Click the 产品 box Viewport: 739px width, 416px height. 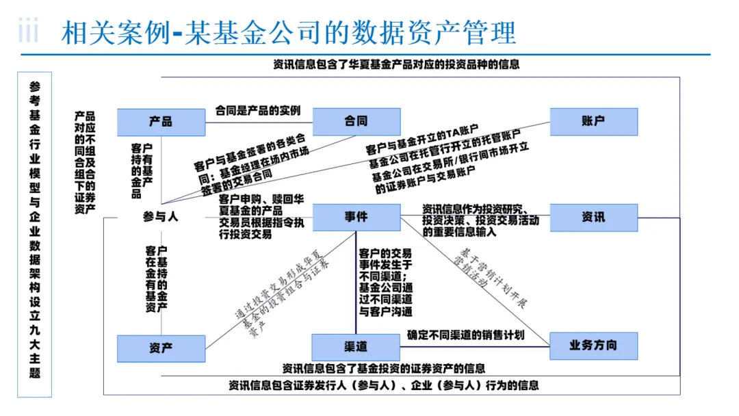coord(161,122)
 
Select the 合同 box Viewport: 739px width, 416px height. coord(356,122)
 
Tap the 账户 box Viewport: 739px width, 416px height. coord(593,122)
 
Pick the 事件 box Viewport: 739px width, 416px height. coord(356,217)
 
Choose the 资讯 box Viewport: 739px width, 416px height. coord(593,217)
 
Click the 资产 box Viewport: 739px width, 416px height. coord(161,348)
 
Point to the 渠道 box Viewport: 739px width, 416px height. coord(356,346)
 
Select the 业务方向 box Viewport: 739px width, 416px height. coord(593,346)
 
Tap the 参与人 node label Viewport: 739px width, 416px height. coord(161,217)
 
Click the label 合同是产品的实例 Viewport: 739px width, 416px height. coord(258,110)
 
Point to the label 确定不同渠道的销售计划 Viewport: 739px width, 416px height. coord(465,335)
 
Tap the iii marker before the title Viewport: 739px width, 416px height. coord(28,31)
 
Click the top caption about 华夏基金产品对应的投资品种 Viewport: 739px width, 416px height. coord(396,65)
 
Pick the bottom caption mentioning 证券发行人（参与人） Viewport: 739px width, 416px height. coord(384,385)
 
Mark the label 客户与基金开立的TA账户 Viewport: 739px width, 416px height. coord(421,141)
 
